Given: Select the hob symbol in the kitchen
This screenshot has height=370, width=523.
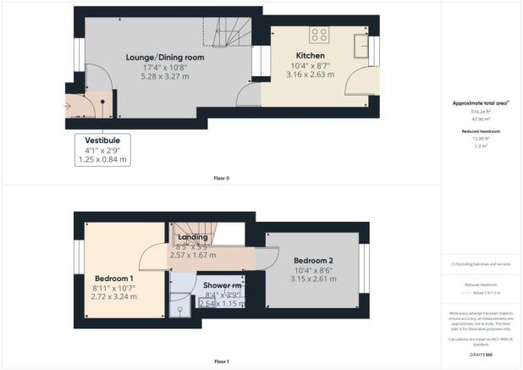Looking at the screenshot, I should tap(319, 35).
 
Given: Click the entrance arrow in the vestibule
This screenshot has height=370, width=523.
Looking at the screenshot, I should tap(68, 106).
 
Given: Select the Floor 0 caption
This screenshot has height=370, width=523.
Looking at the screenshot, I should tap(222, 179).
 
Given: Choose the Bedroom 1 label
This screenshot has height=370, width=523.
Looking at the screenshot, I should tap(113, 278).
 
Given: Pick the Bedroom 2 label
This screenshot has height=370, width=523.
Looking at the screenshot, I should tap(314, 260).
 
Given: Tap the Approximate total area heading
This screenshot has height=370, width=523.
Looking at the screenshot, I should tap(479, 103).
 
